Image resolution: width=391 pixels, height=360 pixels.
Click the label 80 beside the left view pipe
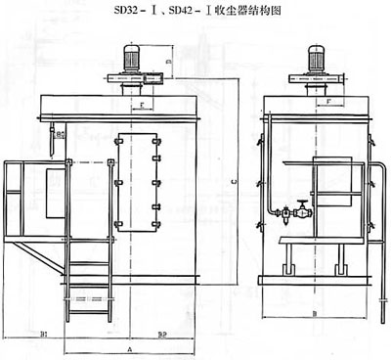pos(61,133)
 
